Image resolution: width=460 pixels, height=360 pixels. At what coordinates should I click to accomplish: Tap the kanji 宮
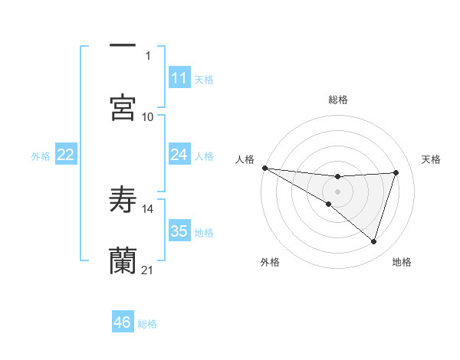click(123, 107)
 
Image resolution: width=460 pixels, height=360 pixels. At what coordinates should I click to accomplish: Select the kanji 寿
click(123, 199)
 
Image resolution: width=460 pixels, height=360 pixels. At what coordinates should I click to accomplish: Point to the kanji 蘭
click(123, 260)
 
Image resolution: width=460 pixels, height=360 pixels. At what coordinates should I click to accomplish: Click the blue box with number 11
click(179, 78)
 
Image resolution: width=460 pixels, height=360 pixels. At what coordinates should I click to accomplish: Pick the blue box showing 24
click(179, 155)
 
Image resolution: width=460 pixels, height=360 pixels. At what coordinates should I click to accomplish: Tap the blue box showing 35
click(179, 231)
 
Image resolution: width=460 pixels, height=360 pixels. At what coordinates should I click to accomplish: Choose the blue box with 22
click(66, 155)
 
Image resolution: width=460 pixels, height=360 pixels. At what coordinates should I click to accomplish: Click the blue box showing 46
click(123, 322)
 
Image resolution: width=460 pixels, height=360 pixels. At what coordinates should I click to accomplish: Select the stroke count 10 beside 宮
click(148, 116)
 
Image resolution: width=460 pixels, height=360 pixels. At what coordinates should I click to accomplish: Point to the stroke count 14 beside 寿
click(148, 208)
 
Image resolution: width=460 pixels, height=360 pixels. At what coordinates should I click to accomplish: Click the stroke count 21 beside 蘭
click(148, 270)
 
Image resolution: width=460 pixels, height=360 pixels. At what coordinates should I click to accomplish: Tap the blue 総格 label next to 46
click(147, 324)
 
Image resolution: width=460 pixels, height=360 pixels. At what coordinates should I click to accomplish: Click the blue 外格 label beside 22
click(41, 155)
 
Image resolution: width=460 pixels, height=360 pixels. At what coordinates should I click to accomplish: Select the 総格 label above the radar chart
click(337, 100)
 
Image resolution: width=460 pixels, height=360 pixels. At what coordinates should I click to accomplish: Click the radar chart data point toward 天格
click(396, 172)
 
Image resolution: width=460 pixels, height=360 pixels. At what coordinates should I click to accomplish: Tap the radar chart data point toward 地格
click(374, 241)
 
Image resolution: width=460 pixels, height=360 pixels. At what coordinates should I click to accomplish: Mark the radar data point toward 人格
click(264, 168)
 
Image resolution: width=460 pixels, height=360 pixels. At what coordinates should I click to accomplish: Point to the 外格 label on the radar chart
click(270, 262)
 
